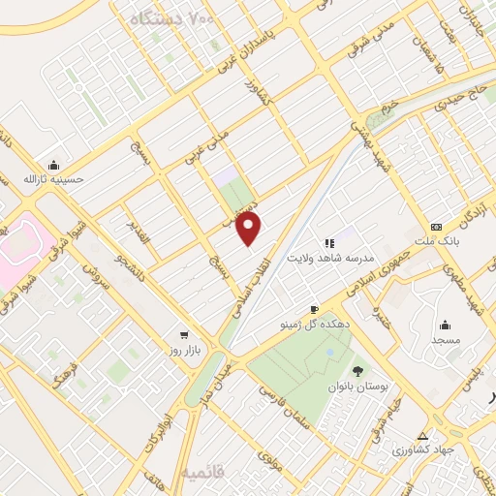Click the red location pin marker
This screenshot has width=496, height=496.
pos(250,229)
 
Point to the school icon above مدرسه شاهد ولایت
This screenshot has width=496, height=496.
pos(328,243)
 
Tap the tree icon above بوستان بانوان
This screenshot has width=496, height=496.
pos(357,369)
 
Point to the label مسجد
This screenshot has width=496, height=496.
pos(446,341)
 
